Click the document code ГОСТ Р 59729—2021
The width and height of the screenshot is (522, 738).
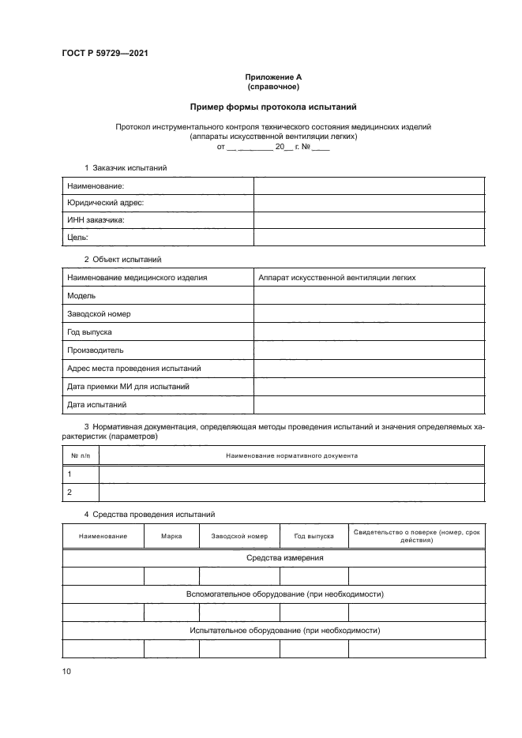tap(105, 53)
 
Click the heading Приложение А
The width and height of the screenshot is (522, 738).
tap(272, 77)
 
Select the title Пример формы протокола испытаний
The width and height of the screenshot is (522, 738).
tap(272, 106)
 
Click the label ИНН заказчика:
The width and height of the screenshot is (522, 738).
tap(96, 220)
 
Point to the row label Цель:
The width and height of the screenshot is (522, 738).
tap(77, 238)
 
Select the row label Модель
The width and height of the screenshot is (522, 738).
tap(81, 295)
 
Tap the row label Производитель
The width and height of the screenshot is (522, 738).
tap(96, 350)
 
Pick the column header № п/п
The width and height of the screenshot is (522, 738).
tap(80, 455)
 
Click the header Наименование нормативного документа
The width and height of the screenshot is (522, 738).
tap(291, 455)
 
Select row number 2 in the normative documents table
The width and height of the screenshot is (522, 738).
tap(70, 492)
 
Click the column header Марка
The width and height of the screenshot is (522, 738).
tap(171, 536)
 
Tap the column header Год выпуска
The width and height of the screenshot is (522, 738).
tap(314, 536)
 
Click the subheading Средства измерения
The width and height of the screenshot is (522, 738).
tap(272, 558)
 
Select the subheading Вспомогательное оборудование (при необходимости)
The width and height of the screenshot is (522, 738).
tap(272, 594)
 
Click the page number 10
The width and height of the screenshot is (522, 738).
tap(66, 671)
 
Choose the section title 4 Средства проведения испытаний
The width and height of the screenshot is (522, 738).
tap(139, 515)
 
